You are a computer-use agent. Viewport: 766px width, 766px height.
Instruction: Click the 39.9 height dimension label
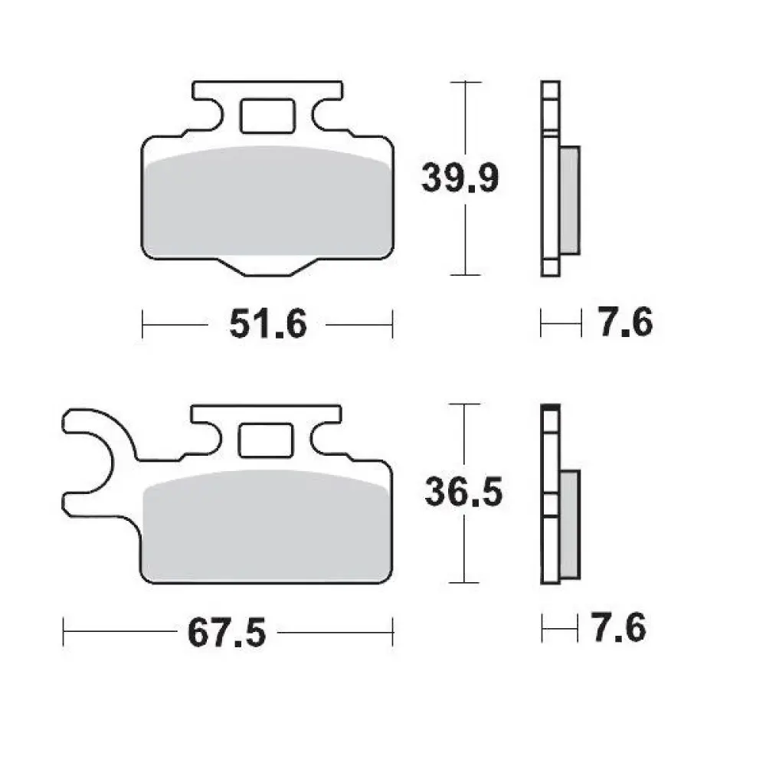(x=460, y=178)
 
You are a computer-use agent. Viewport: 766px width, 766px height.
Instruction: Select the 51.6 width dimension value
(x=267, y=325)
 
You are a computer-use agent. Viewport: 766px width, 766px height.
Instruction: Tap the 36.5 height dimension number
(x=464, y=493)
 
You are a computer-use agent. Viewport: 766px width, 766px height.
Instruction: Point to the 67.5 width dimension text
(x=225, y=633)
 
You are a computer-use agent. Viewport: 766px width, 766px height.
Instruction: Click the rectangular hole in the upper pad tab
(x=267, y=116)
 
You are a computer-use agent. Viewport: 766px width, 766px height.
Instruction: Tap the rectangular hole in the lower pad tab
(x=265, y=440)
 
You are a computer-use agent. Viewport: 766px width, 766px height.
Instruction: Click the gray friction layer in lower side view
(x=569, y=525)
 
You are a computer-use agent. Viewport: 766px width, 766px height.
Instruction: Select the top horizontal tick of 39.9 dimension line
(x=465, y=81)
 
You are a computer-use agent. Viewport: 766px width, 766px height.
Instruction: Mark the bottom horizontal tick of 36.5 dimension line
(x=465, y=583)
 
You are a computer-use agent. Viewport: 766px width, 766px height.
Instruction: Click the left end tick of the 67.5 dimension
(x=64, y=633)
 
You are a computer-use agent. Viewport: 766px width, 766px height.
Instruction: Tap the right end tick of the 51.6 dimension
(x=392, y=325)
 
